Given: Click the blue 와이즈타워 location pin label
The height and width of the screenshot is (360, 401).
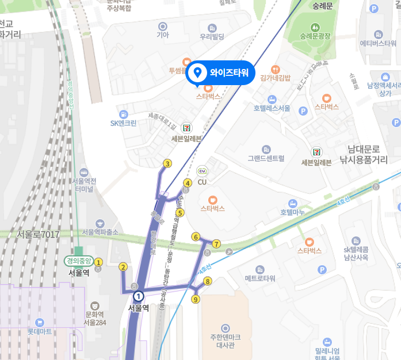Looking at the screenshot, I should coord(221,72).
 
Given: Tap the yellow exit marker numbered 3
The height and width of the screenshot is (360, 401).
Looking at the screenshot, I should coord(167,164).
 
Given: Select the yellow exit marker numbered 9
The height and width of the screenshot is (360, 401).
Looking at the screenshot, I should coord(196,299).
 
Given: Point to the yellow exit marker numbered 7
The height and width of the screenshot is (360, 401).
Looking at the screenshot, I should coord(216,244).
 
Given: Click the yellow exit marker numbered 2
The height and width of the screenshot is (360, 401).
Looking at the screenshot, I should coord(123,267).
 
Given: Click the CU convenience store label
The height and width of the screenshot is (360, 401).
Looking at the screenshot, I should coord(202,182).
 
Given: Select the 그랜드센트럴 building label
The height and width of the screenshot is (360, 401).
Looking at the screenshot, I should coord(266,158).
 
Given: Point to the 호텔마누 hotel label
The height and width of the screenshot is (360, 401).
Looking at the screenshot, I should coord(292,212).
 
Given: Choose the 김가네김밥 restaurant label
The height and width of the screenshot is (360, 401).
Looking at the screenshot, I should coord(276,78).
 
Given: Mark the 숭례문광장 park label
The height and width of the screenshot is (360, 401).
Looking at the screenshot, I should coord(316,37).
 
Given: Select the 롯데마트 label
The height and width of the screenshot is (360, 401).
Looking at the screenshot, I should coord(40,331).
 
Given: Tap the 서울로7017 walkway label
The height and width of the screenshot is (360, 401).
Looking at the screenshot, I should coord(38,234).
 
